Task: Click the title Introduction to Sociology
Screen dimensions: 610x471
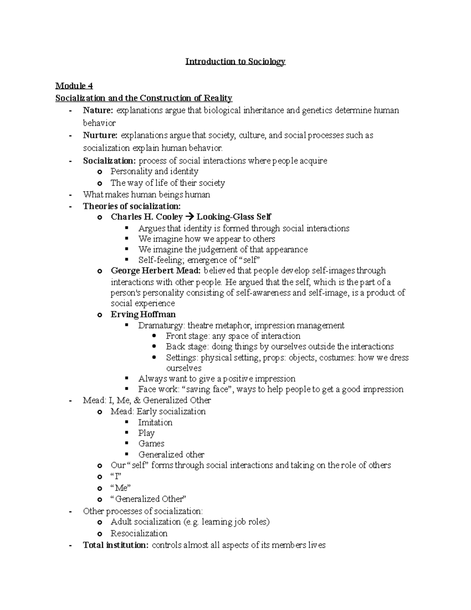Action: [x=235, y=62]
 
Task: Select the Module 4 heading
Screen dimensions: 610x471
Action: [x=74, y=86]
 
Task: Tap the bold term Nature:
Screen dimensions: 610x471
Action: [x=98, y=110]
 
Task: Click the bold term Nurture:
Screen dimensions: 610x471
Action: [x=100, y=136]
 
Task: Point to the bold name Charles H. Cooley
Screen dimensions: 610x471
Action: [x=147, y=217]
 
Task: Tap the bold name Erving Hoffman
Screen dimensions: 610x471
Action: [x=143, y=315]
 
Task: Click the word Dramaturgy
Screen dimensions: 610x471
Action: [x=161, y=326]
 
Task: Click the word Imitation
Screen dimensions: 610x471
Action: [x=155, y=423]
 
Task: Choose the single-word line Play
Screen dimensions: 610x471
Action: [x=146, y=433]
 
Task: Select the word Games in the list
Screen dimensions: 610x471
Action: [x=151, y=444]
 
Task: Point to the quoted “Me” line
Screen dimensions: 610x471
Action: [x=120, y=488]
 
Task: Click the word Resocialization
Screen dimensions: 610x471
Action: [x=139, y=533]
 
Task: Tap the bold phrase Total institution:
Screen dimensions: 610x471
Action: [x=116, y=545]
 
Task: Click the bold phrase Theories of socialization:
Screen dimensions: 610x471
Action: [x=132, y=206]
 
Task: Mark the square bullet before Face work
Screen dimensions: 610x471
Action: [x=126, y=389]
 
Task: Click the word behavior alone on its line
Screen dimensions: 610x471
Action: [x=99, y=123]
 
